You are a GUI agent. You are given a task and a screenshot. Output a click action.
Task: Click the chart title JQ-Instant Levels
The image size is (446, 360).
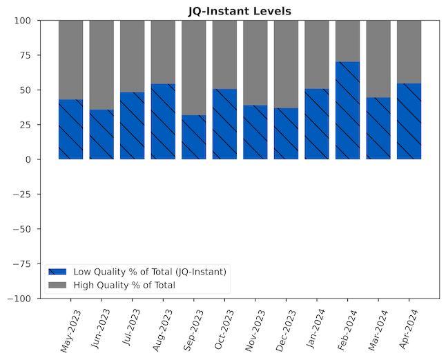tap(240, 11)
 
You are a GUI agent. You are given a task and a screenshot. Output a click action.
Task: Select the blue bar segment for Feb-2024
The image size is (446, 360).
tap(347, 110)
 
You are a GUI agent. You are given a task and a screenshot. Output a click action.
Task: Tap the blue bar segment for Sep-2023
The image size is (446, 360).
tap(194, 137)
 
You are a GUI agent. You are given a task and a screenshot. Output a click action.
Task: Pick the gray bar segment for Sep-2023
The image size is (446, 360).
tap(194, 68)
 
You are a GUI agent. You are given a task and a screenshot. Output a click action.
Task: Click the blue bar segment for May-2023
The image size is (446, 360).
tap(70, 130)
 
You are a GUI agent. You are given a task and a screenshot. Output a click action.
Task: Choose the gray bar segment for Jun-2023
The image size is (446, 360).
tap(101, 65)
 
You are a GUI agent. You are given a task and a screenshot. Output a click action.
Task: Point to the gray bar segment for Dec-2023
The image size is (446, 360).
tap(286, 64)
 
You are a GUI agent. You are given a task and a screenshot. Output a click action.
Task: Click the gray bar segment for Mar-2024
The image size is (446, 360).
tap(378, 59)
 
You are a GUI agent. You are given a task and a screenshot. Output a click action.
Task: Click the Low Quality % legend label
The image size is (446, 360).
tap(150, 272)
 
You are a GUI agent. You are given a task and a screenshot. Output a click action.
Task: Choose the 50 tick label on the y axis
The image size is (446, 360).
tap(30, 90)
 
